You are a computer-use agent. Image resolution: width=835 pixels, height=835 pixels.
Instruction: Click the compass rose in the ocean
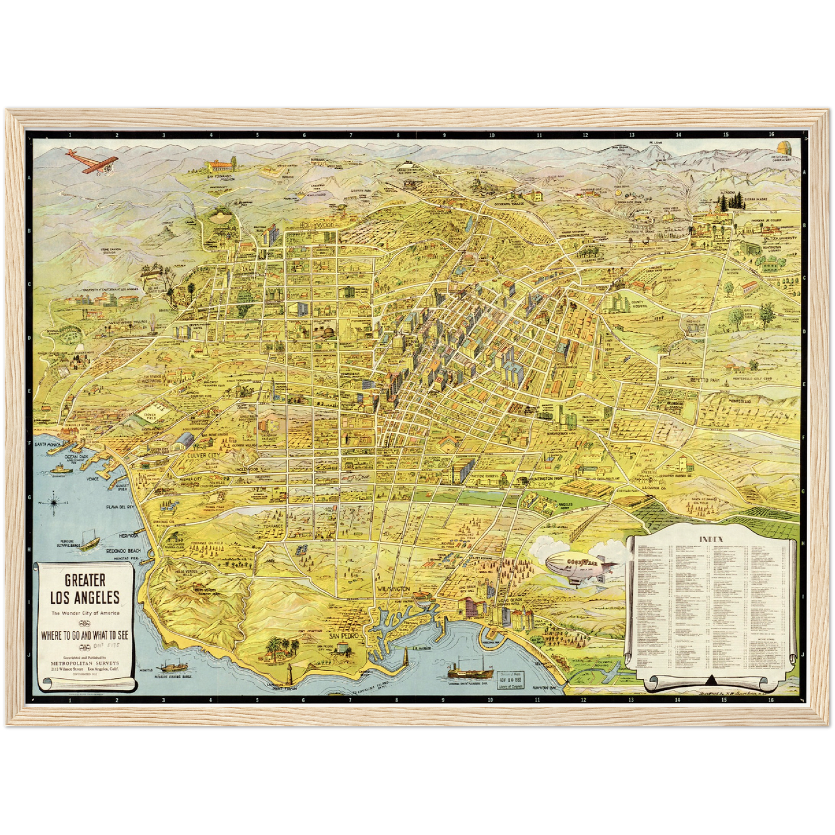tap(54, 502)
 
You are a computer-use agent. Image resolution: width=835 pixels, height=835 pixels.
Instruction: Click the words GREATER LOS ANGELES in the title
tap(84, 589)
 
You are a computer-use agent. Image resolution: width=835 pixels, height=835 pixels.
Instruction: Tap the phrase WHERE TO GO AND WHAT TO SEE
tap(84, 636)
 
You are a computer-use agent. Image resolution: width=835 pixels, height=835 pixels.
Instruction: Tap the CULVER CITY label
tap(205, 455)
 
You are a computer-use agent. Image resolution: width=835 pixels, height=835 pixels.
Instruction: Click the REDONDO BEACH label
tap(123, 551)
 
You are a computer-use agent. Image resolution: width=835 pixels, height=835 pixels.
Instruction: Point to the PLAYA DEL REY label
tap(120, 507)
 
